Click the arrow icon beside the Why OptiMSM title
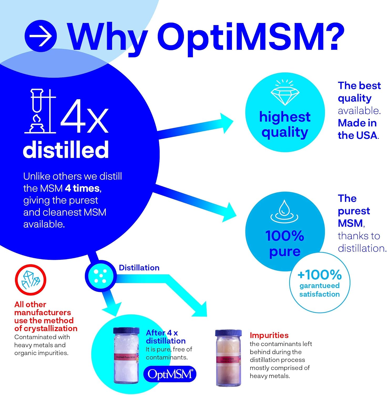pyautogui.click(x=40, y=36)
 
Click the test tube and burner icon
pyautogui.click(x=40, y=111)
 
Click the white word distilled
pyautogui.click(x=66, y=149)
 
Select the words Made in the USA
pyautogui.click(x=358, y=129)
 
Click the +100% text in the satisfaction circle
pyautogui.click(x=319, y=275)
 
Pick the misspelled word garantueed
pyautogui.click(x=319, y=286)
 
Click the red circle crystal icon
pyautogui.click(x=30, y=280)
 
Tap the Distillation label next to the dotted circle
pyautogui.click(x=139, y=268)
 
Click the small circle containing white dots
pyautogui.click(x=100, y=276)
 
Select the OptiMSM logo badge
pyautogui.click(x=170, y=374)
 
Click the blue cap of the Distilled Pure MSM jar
pyautogui.click(x=126, y=331)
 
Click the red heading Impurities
pyautogui.click(x=269, y=335)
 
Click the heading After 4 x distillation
pyautogui.click(x=165, y=337)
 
